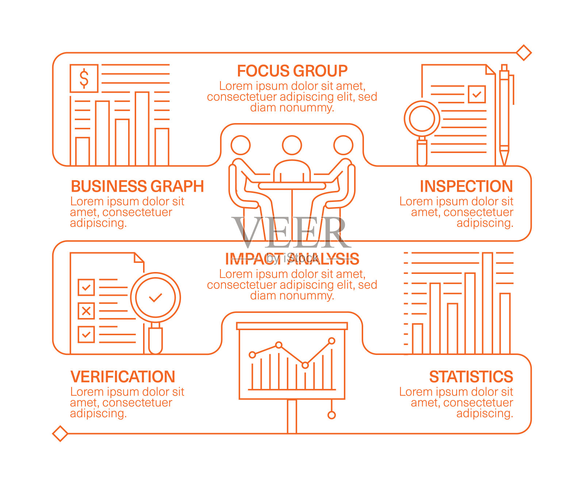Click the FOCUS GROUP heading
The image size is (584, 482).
point(292,71)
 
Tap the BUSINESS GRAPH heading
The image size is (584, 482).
point(137,186)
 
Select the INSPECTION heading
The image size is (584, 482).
point(466,186)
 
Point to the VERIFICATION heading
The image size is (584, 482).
point(123,376)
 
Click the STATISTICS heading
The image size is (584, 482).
point(471,376)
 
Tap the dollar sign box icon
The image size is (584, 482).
point(84,78)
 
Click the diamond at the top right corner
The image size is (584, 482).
point(524,53)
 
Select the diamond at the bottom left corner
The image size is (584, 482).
point(60,433)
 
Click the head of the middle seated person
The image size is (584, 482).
point(292,145)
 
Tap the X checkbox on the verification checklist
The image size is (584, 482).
point(86,311)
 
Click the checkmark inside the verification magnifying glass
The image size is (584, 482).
point(155,297)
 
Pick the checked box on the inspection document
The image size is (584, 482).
point(476,94)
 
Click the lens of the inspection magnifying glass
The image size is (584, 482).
point(422,119)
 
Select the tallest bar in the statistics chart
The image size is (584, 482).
point(488,303)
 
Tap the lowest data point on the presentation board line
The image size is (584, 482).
point(305,365)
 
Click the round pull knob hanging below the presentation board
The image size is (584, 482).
point(331,415)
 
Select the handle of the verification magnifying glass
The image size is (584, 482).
point(155,340)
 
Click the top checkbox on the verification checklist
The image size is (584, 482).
point(86,287)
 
